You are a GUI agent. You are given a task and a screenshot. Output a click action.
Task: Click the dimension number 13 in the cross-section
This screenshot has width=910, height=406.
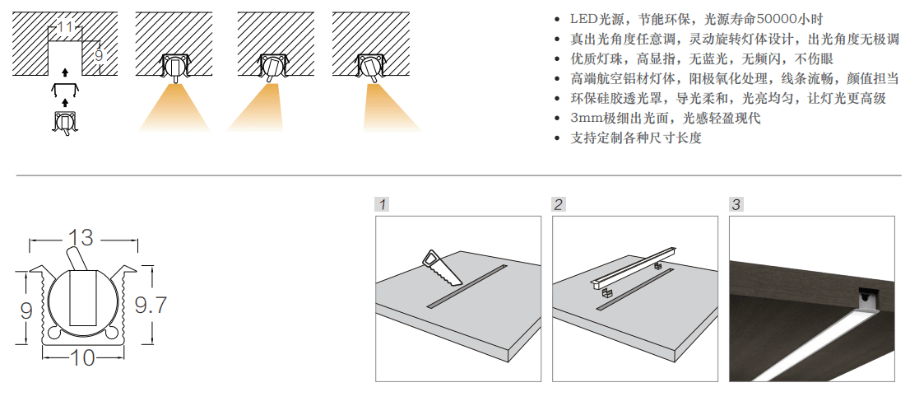tap(81, 238)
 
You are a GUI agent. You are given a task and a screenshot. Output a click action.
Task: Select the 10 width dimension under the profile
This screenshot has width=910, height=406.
tap(83, 358)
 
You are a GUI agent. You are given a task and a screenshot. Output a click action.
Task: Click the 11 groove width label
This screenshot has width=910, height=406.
tap(66, 27)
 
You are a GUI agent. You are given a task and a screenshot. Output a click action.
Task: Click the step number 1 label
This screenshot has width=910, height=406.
tap(383, 203)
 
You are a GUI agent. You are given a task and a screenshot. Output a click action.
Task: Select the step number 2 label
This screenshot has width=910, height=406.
tap(559, 203)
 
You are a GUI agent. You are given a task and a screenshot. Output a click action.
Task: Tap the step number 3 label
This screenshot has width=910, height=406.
tap(736, 203)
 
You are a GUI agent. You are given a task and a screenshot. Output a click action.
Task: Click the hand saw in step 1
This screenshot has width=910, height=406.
tap(443, 268)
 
